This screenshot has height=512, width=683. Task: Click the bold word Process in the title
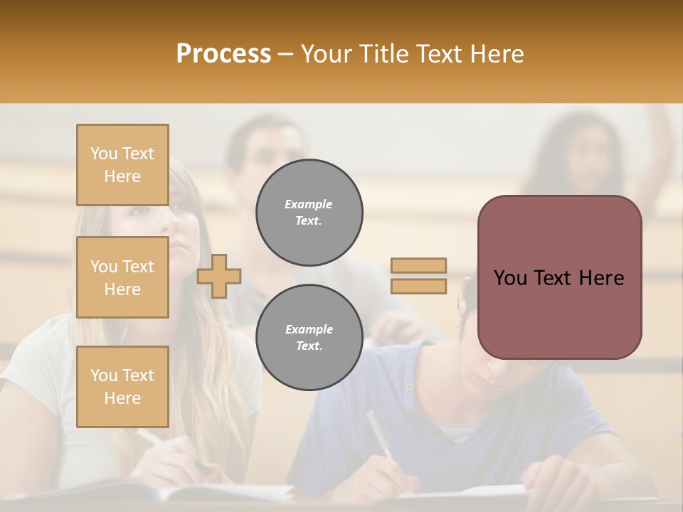pyautogui.click(x=223, y=54)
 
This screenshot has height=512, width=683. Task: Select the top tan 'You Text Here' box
pyautogui.click(x=122, y=165)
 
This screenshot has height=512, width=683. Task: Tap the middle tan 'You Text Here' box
pyautogui.click(x=122, y=277)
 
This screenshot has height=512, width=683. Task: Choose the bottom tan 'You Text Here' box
pyautogui.click(x=122, y=387)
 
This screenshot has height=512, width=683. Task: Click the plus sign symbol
pyautogui.click(x=219, y=276)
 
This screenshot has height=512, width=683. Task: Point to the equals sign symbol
pyautogui.click(x=418, y=276)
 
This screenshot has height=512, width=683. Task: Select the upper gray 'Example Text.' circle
pyautogui.click(x=309, y=213)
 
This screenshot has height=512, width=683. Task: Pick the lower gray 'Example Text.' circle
pyautogui.click(x=309, y=338)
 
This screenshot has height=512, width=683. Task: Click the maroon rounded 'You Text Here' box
pyautogui.click(x=559, y=277)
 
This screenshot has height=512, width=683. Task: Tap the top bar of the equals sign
pyautogui.click(x=418, y=265)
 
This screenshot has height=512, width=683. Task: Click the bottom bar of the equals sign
pyautogui.click(x=418, y=286)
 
